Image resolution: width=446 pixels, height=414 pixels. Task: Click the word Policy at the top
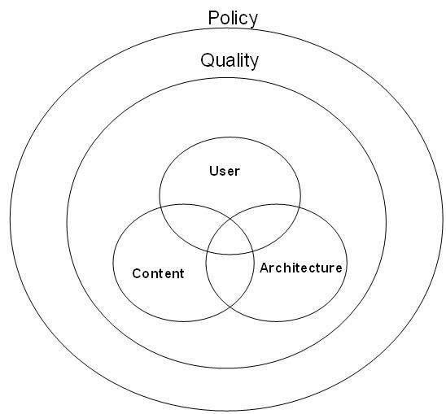pyautogui.click(x=233, y=19)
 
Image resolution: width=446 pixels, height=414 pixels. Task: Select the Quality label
pyautogui.click(x=230, y=60)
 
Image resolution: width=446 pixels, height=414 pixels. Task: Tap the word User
pyautogui.click(x=225, y=171)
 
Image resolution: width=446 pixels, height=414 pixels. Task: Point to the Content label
pyautogui.click(x=158, y=273)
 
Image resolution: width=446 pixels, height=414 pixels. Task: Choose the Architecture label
pyautogui.click(x=300, y=268)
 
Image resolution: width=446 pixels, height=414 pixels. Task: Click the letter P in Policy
pyautogui.click(x=213, y=18)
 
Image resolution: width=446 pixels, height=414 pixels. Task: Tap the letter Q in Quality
pyautogui.click(x=208, y=60)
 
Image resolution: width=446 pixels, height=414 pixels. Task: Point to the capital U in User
pyautogui.click(x=214, y=171)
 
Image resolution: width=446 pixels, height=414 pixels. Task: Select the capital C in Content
pyautogui.click(x=137, y=273)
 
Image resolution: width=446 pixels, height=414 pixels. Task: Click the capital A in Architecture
pyautogui.click(x=265, y=268)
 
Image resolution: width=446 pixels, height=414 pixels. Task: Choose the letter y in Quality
pyautogui.click(x=253, y=63)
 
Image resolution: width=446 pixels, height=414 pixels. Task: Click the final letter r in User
pyautogui.click(x=237, y=172)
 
